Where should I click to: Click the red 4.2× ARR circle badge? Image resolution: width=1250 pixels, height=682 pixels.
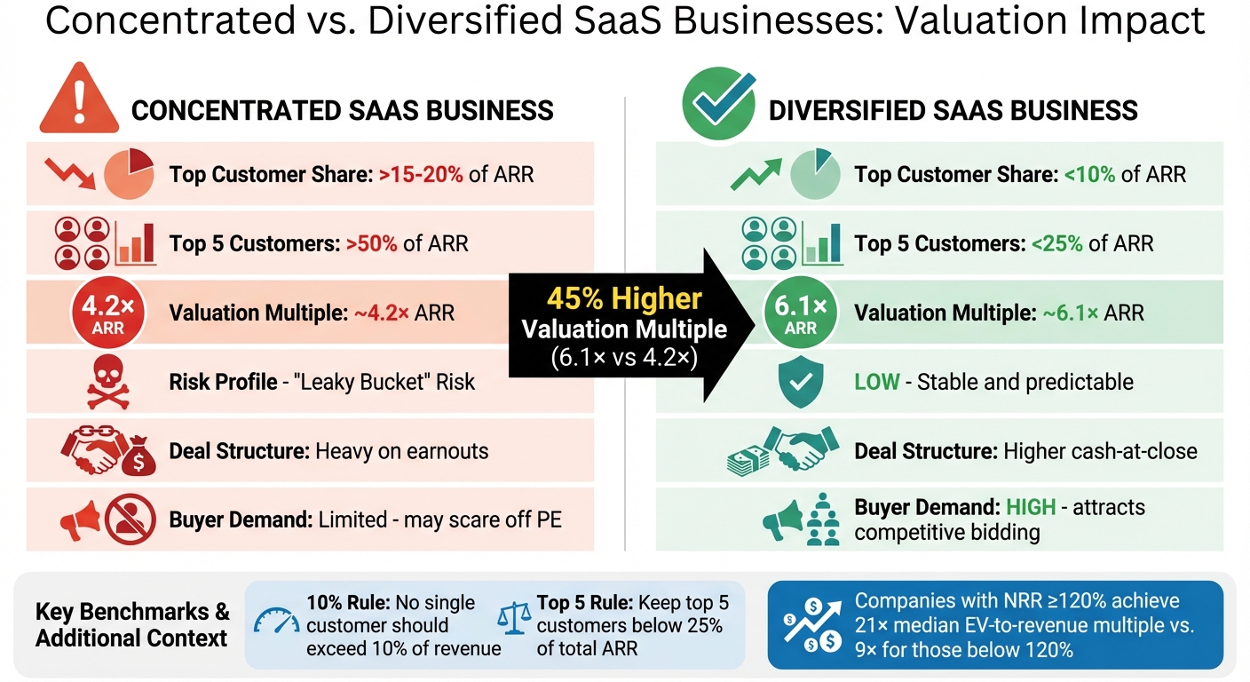(x=102, y=313)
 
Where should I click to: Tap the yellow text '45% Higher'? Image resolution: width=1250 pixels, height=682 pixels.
(x=624, y=298)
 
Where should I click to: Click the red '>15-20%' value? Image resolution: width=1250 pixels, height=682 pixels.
(x=421, y=174)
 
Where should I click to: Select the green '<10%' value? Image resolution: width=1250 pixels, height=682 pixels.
(x=1091, y=174)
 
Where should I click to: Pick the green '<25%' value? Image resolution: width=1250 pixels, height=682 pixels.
(x=1052, y=243)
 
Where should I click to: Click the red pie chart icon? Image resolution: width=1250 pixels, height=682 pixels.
(x=130, y=173)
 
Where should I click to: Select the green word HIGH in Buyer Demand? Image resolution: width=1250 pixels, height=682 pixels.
(x=1031, y=508)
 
